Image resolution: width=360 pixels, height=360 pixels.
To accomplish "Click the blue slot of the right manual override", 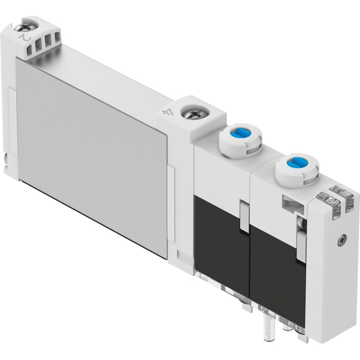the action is click(296, 164).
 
